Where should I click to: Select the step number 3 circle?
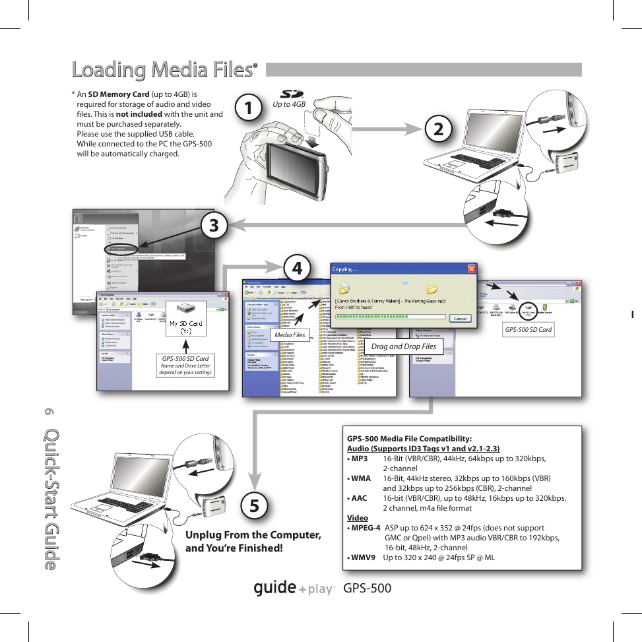[214, 225]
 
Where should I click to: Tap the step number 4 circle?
[298, 268]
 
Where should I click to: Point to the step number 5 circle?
[255, 505]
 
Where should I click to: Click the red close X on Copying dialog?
[471, 269]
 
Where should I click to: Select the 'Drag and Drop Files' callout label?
[403, 346]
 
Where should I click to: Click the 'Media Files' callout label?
[290, 335]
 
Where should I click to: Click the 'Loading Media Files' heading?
[162, 69]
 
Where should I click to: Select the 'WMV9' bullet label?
[363, 557]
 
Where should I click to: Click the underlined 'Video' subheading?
[358, 518]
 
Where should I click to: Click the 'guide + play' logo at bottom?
[295, 588]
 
